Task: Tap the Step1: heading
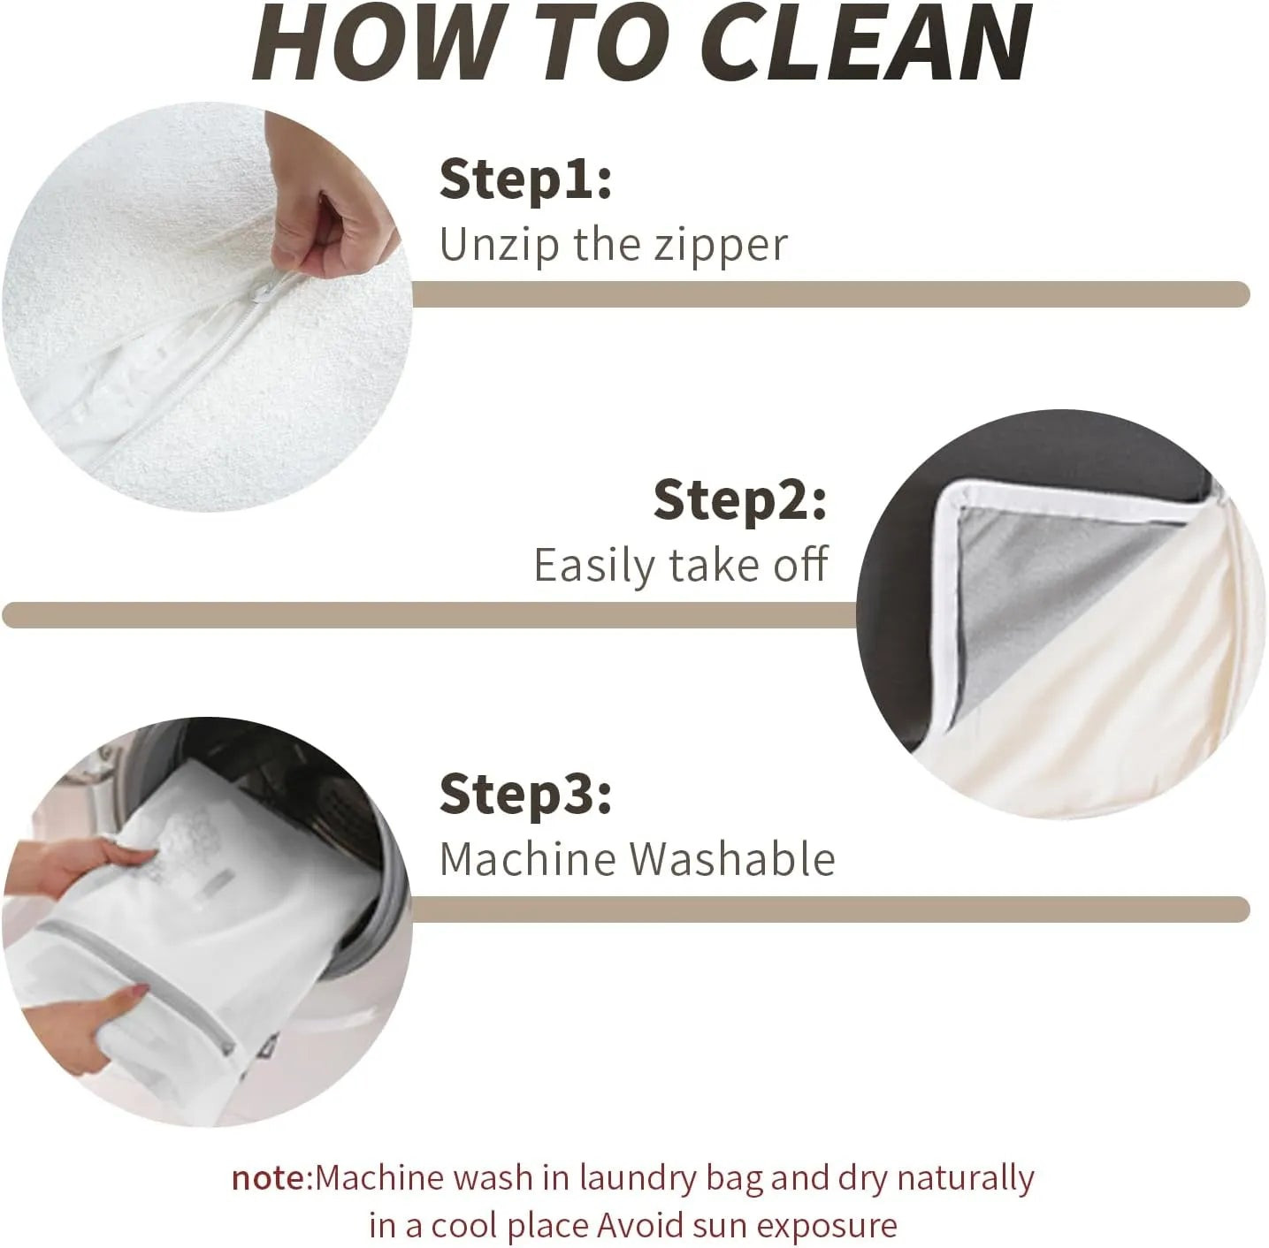coord(525,179)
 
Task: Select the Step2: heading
coord(739,500)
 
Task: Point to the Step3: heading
coord(525,795)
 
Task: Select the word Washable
coord(732,859)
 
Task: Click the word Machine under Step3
coord(529,859)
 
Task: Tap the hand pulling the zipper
coord(329,197)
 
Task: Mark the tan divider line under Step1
coord(830,294)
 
